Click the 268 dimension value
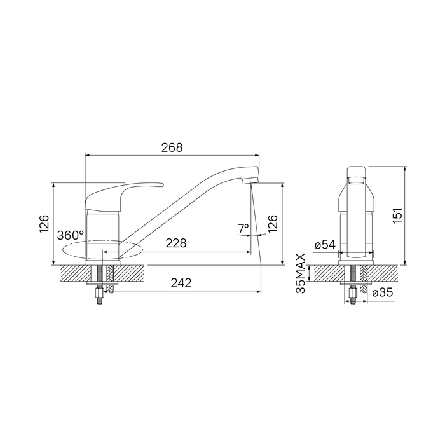point(172,148)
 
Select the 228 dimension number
point(176,243)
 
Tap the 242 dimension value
point(181,283)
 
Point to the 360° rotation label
point(71,235)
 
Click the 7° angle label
point(243,228)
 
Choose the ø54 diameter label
point(325,244)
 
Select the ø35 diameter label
point(383,292)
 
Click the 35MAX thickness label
point(300,273)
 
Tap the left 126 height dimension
point(44,224)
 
